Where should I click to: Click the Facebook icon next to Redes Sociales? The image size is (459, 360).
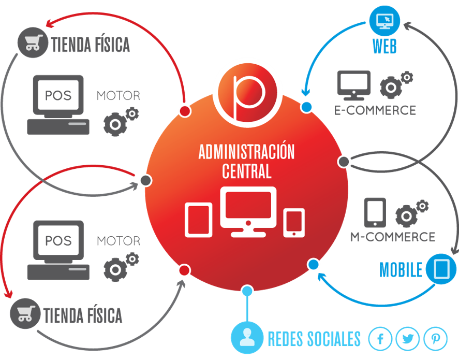(381, 339)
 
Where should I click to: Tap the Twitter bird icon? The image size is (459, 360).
(408, 339)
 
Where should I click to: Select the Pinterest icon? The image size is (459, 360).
(435, 339)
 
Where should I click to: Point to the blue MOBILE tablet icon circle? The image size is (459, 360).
(441, 268)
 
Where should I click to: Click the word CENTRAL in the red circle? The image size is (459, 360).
(247, 170)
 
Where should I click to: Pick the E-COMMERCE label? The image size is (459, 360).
(375, 110)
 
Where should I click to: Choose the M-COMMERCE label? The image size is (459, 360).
(393, 237)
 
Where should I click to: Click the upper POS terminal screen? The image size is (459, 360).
(58, 96)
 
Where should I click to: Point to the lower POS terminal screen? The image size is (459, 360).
(58, 241)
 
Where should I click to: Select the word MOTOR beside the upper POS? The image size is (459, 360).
(118, 96)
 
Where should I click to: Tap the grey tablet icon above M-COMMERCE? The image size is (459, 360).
(375, 211)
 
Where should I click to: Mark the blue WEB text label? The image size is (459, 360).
(384, 47)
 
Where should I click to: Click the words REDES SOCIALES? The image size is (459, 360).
(314, 339)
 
